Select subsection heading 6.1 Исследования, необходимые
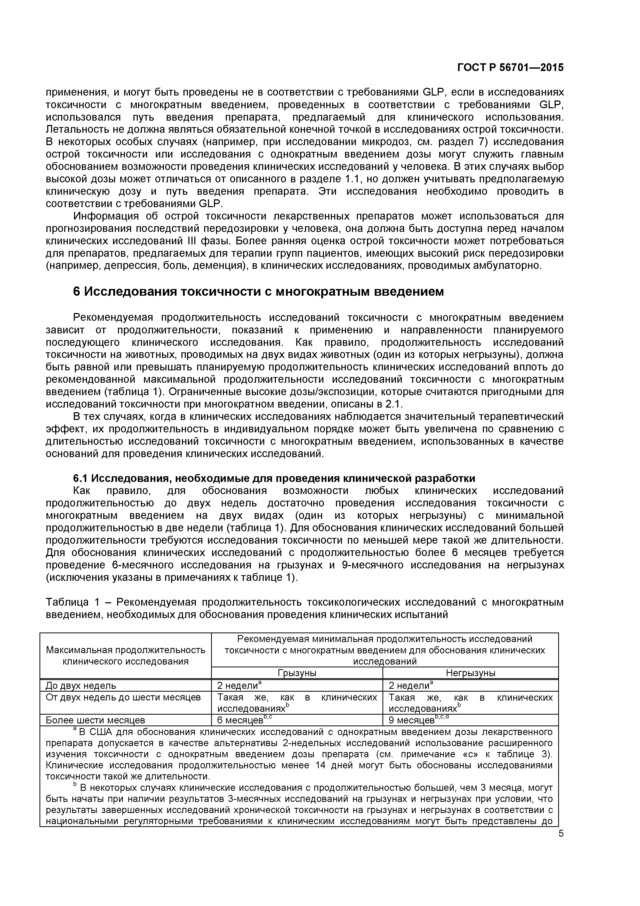[x=274, y=478]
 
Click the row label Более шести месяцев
[x=95, y=720]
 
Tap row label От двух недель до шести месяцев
[x=123, y=697]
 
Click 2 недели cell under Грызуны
[x=237, y=685]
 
